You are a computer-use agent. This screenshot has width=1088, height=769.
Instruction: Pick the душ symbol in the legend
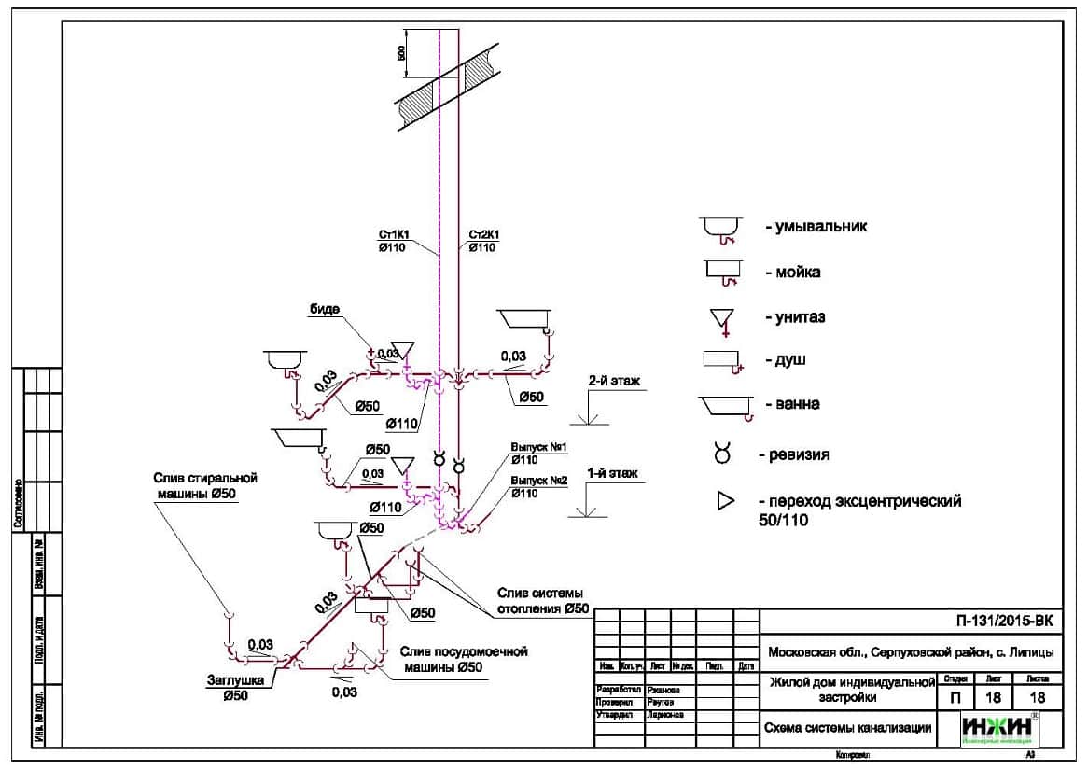tap(723, 359)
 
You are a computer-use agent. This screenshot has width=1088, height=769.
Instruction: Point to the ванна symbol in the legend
tap(724, 405)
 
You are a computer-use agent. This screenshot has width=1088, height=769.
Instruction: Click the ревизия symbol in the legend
tap(722, 454)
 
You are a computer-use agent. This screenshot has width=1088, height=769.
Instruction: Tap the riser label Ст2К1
tap(484, 235)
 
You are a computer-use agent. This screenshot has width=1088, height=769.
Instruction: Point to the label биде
tap(326, 308)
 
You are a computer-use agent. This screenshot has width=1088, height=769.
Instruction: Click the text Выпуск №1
tap(539, 448)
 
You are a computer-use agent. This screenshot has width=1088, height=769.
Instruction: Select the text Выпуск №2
tap(539, 482)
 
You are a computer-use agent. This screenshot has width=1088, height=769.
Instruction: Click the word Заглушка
tap(228, 680)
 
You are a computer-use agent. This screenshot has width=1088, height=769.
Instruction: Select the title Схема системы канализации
tap(847, 728)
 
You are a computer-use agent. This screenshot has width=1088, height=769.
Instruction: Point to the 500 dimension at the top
tap(402, 53)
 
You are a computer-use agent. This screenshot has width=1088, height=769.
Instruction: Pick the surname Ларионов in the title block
tap(664, 715)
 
